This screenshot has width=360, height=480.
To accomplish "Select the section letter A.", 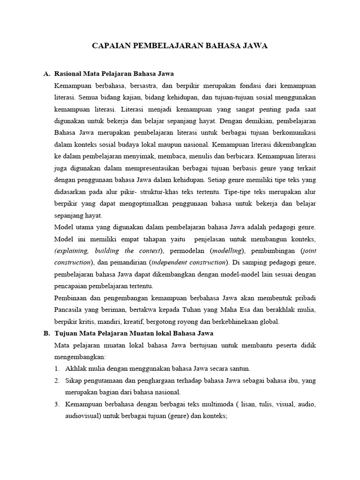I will coord(46,74).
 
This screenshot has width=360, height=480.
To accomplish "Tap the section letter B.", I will coord(46,333).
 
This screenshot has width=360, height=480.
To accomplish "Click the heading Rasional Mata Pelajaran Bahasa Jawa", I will coord(114,74).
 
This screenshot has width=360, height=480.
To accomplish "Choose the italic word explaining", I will coord(73,251).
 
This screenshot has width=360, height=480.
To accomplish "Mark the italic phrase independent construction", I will coord(193,262).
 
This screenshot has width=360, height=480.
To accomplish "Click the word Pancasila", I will coord(71,310).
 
